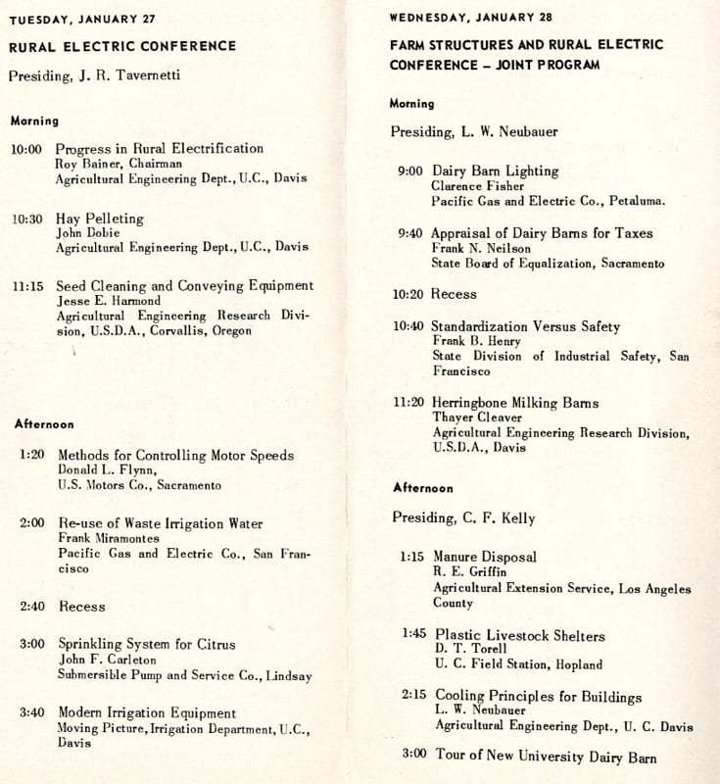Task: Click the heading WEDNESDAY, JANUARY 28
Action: coord(462,18)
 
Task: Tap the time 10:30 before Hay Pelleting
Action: coord(27,220)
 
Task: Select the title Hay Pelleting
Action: coord(99,219)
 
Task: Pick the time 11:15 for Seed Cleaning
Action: coord(27,287)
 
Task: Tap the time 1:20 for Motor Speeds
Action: coord(33,456)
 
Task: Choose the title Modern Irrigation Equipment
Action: coord(147,713)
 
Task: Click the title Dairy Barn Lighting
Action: coord(495,171)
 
